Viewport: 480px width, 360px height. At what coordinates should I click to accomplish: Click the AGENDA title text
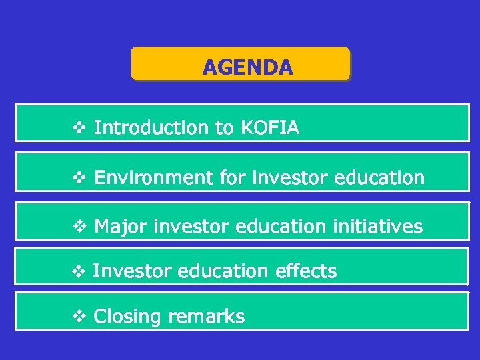(x=247, y=67)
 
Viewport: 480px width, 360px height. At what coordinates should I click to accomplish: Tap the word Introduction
(x=151, y=127)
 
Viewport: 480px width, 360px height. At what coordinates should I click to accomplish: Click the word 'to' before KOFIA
(x=224, y=127)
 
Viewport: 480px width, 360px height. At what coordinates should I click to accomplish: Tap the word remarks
(x=206, y=316)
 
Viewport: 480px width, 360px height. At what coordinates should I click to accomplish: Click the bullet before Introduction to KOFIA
(x=78, y=127)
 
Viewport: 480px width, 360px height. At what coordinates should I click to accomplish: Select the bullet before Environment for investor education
(x=78, y=177)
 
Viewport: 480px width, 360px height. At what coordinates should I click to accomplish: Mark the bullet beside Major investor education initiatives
(x=78, y=227)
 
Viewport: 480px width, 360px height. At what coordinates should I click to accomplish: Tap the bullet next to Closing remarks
(x=78, y=316)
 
